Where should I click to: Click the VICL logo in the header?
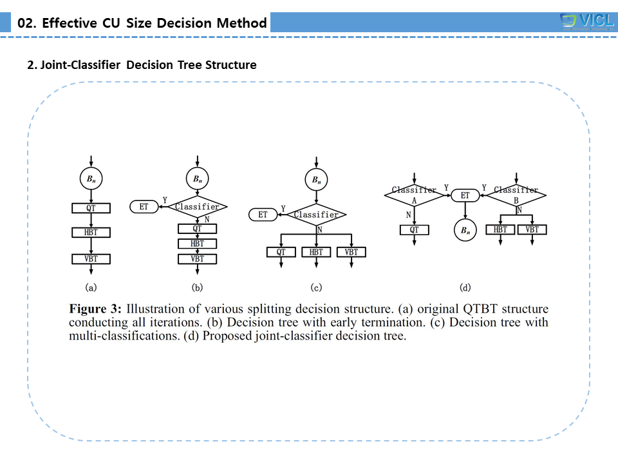pyautogui.click(x=586, y=21)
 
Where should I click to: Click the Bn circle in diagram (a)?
pyautogui.click(x=91, y=179)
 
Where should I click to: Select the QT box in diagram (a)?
pyautogui.click(x=91, y=208)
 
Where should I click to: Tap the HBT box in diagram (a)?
pyautogui.click(x=91, y=231)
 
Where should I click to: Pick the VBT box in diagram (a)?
pyautogui.click(x=91, y=258)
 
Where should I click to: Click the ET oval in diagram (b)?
pyautogui.click(x=144, y=207)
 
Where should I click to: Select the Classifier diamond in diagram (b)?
pyautogui.click(x=197, y=207)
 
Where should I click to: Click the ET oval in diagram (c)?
pyautogui.click(x=263, y=215)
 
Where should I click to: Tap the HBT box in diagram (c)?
pyautogui.click(x=316, y=252)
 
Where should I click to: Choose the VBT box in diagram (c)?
pyautogui.click(x=351, y=252)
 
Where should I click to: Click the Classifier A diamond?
pyautogui.click(x=414, y=194)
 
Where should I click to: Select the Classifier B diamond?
pyautogui.click(x=516, y=194)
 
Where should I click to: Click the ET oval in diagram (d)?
pyautogui.click(x=464, y=194)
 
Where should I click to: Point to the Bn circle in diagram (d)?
pyautogui.click(x=464, y=230)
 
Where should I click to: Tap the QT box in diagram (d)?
pyautogui.click(x=414, y=229)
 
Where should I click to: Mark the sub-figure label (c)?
pyautogui.click(x=316, y=287)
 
